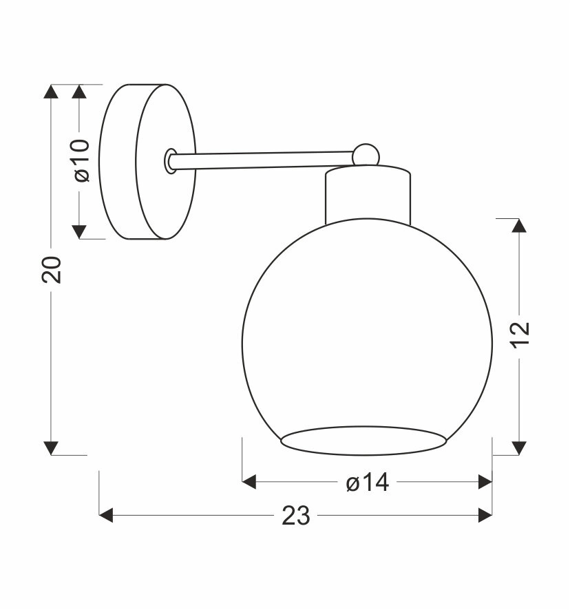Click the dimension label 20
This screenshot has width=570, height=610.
[52, 270]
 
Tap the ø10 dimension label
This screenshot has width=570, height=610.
[82, 160]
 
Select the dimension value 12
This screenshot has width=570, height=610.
[520, 335]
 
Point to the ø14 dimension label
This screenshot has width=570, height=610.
[368, 482]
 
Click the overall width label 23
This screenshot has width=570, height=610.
[296, 516]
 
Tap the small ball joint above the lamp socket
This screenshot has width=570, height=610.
[366, 155]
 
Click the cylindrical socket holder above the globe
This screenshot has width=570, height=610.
[368, 195]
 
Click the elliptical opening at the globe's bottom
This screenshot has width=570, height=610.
[363, 441]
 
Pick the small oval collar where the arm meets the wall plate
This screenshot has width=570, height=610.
[171, 160]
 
